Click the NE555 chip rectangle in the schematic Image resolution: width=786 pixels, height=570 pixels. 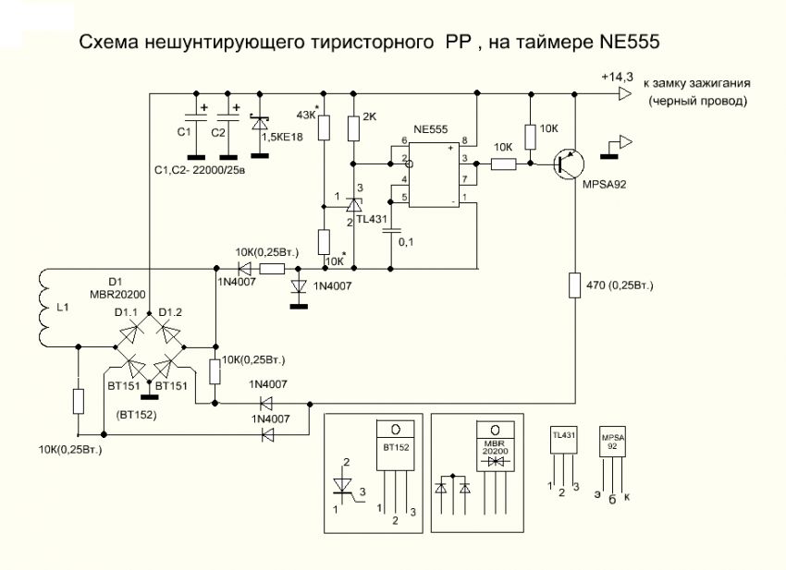(x=432, y=173)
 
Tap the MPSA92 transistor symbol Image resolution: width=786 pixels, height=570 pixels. (x=567, y=164)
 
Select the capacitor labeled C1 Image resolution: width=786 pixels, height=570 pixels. (x=196, y=118)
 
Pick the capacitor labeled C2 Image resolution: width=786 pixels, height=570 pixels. (x=229, y=118)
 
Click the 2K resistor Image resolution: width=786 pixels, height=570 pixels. (x=354, y=126)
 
